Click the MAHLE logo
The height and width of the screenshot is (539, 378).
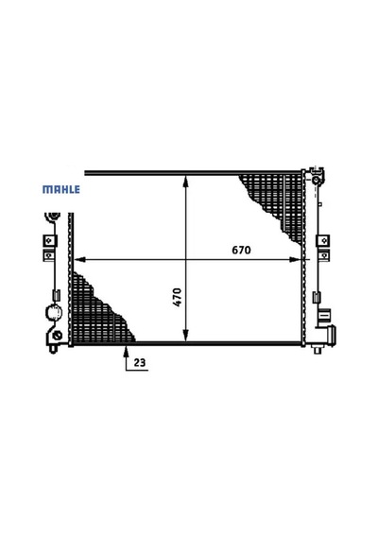coord(61,189)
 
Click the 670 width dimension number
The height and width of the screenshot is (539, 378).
coord(241,250)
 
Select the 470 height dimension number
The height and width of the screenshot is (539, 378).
coord(178,297)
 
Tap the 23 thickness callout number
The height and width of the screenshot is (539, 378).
coord(140,362)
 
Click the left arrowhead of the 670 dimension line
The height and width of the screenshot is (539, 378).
coord(79,259)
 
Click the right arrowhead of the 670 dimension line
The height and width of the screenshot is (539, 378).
coord(295,259)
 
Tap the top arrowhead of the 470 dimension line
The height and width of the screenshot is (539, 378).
coord(185,182)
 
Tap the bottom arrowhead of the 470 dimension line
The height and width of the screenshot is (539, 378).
coord(185,336)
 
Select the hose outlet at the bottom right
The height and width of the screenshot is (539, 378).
coord(331,335)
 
